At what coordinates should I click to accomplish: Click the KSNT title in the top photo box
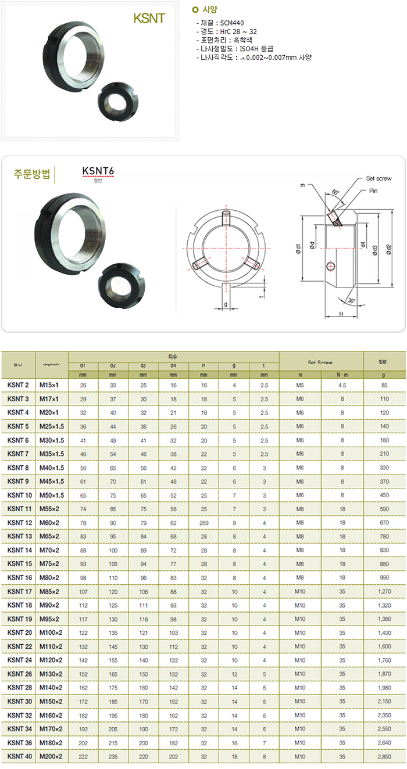(149, 19)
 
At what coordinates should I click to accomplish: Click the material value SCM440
(232, 23)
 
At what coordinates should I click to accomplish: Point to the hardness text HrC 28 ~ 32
(235, 31)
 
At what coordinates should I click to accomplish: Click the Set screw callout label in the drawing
(379, 179)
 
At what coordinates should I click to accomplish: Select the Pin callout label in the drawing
(374, 191)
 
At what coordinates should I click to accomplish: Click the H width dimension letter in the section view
(340, 314)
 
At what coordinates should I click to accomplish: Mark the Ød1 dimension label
(298, 249)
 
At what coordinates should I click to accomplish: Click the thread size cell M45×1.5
(52, 481)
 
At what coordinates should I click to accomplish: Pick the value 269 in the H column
(203, 523)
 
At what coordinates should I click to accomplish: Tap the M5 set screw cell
(300, 384)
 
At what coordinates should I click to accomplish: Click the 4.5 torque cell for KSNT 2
(342, 384)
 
